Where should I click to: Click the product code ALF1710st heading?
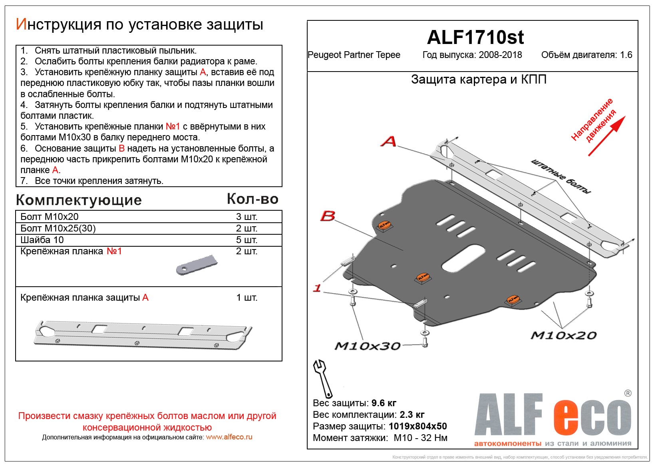pyautogui.click(x=475, y=38)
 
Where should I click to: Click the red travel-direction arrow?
pyautogui.click(x=606, y=136)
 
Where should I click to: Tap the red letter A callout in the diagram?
pyautogui.click(x=388, y=141)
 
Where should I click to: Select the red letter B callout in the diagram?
pyautogui.click(x=328, y=216)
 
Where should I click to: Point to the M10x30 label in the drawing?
pyautogui.click(x=367, y=346)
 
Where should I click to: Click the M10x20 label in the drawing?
pyautogui.click(x=563, y=335)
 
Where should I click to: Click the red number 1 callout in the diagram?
pyautogui.click(x=317, y=288)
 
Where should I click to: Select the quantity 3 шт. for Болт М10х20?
pyautogui.click(x=246, y=217)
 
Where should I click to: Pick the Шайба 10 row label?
pyautogui.click(x=42, y=240)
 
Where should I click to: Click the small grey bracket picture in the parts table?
pyautogui.click(x=197, y=265)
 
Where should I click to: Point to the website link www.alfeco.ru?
pyautogui.click(x=229, y=437)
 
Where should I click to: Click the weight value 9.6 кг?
pyautogui.click(x=384, y=403)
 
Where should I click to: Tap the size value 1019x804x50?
pyautogui.click(x=417, y=426)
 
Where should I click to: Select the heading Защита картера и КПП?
pyautogui.click(x=479, y=80)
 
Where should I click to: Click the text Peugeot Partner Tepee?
pyautogui.click(x=354, y=55)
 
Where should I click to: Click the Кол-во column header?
pyautogui.click(x=252, y=199)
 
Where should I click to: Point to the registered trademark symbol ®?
pyautogui.click(x=628, y=393)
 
